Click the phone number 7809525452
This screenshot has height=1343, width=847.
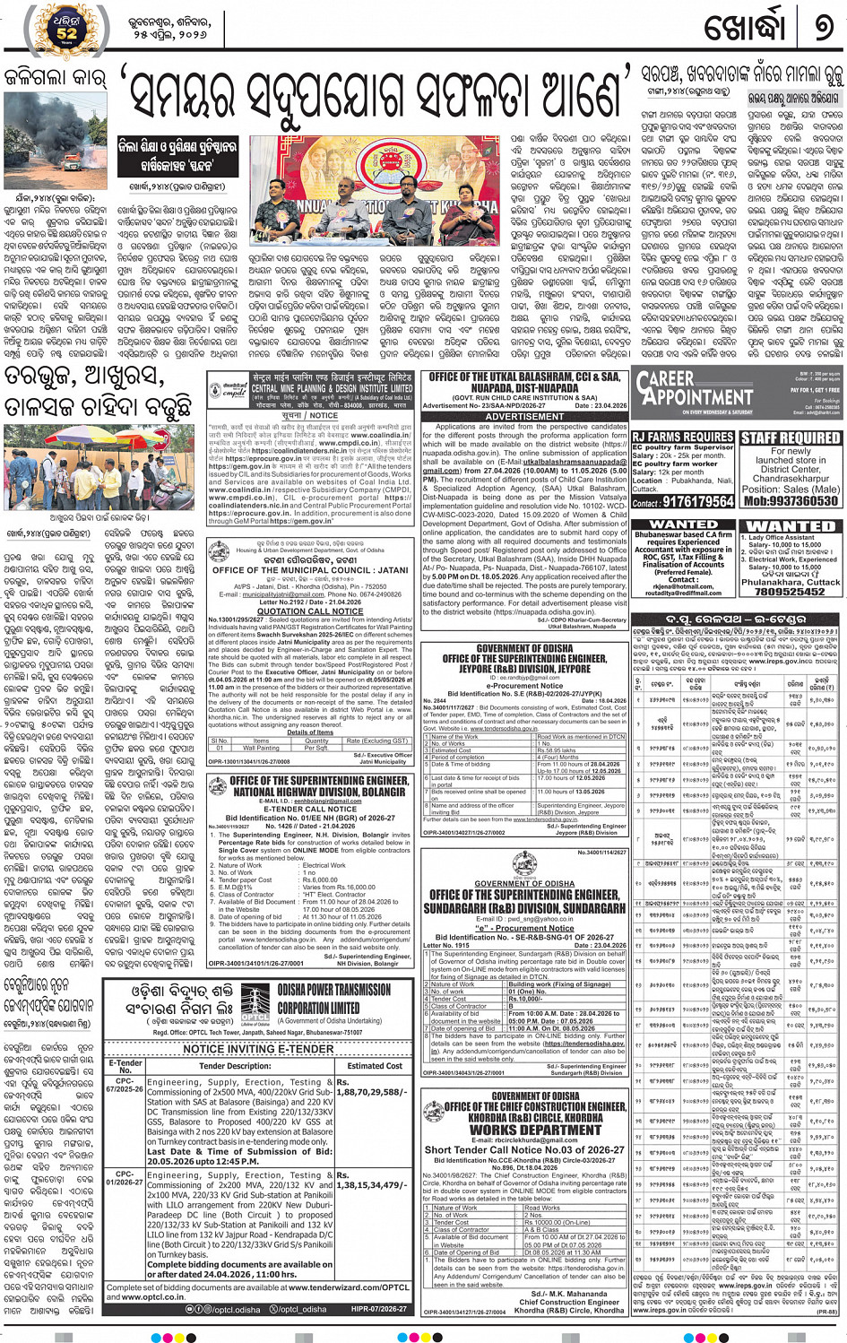click(790, 592)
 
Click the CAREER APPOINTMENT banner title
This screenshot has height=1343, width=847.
click(695, 388)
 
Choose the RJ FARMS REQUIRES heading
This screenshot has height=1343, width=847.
click(683, 437)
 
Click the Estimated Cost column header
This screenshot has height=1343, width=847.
click(375, 1066)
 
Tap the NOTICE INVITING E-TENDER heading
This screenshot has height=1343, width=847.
click(258, 1048)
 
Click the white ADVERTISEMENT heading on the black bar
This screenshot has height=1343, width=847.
click(524, 416)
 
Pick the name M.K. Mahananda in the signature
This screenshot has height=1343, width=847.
click(577, 1295)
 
